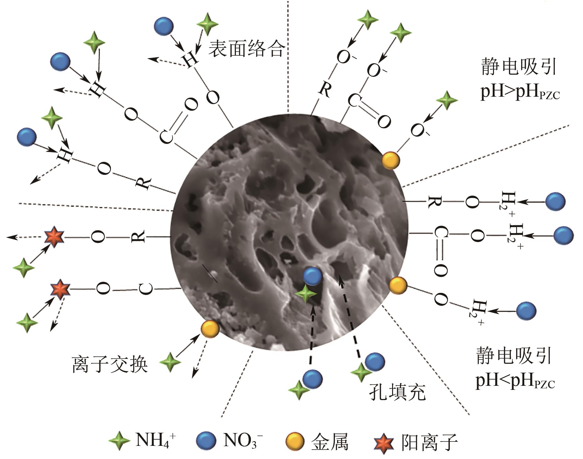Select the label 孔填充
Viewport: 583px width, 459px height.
coord(397,392)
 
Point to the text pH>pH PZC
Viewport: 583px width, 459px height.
coord(520,92)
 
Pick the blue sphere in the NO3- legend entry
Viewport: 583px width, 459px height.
coord(206,441)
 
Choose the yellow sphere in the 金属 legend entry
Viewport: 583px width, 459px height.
coord(295,441)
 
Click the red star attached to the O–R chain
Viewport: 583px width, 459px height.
coord(54,237)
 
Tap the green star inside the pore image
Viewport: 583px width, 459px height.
coord(306,294)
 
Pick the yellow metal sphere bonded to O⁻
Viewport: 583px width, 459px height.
coord(391,160)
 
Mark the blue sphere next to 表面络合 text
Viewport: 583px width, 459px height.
coord(164,25)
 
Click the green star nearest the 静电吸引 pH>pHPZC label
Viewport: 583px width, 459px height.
coord(447,100)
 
